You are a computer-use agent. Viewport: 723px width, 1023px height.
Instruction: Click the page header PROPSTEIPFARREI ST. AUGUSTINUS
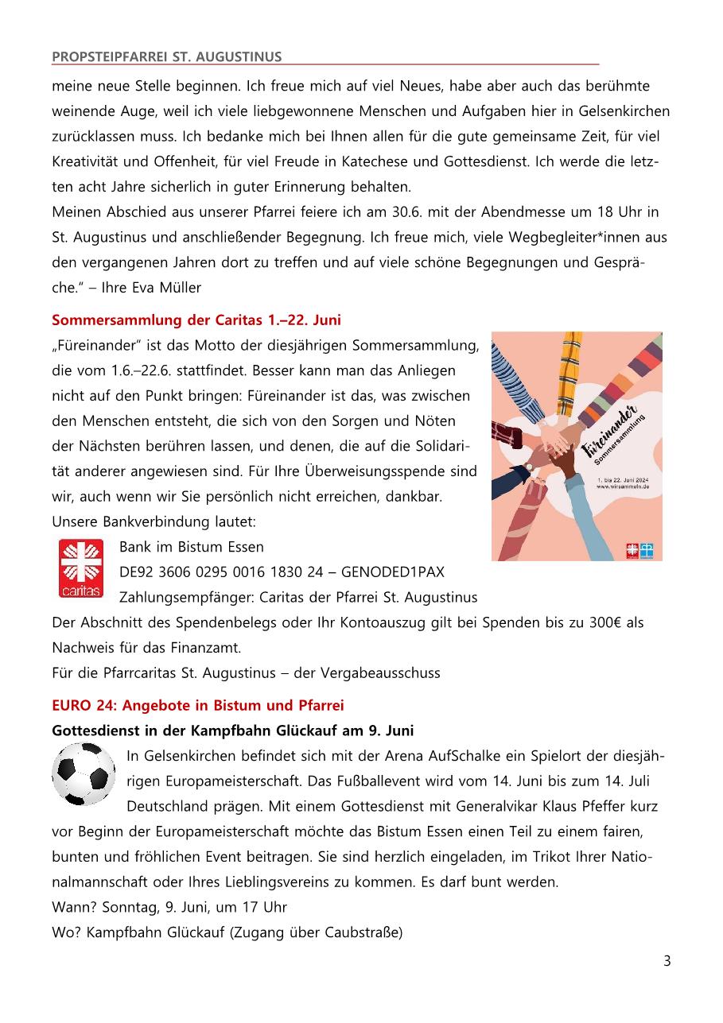click(166, 56)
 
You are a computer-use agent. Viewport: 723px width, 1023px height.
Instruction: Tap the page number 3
click(667, 961)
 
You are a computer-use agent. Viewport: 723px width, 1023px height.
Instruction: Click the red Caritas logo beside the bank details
click(81, 568)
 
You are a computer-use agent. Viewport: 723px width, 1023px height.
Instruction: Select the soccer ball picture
click(84, 773)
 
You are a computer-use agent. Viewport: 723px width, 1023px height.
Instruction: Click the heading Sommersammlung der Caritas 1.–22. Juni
click(196, 320)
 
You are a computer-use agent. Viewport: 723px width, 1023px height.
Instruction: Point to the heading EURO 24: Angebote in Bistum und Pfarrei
click(197, 705)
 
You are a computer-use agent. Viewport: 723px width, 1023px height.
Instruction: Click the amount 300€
click(609, 622)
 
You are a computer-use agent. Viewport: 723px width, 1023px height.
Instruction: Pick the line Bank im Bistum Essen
click(191, 547)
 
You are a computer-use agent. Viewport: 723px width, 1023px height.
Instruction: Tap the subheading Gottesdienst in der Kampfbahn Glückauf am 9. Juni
click(232, 730)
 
